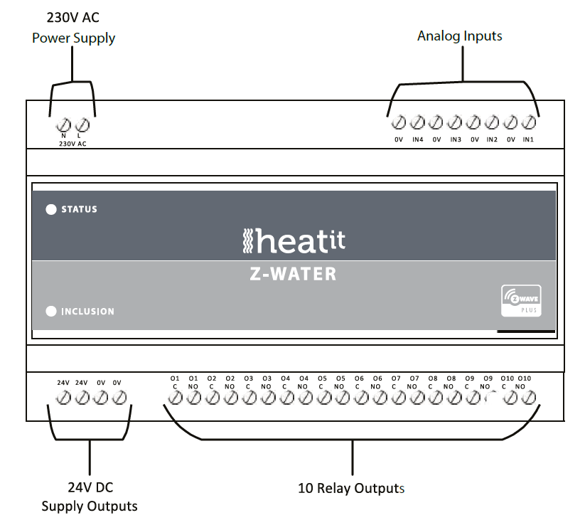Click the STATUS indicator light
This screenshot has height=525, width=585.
pos(51,209)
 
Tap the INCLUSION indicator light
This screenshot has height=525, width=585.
pos(51,311)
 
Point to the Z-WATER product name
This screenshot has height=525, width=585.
pos(294,273)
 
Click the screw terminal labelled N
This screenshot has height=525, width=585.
pos(64,124)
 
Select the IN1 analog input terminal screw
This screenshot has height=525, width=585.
pos(528,122)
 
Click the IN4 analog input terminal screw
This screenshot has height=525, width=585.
pos(417,122)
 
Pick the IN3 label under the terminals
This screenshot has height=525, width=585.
pos(455,139)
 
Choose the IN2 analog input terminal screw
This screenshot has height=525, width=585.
pos(491,122)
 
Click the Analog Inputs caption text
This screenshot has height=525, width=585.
pos(459,36)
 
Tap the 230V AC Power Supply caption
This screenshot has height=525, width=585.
pos(73,28)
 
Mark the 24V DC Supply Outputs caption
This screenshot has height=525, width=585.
pos(90,497)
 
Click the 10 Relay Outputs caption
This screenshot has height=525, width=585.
pos(351,489)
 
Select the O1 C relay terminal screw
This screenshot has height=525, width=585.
pos(175,399)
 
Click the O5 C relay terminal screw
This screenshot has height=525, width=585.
pos(322,399)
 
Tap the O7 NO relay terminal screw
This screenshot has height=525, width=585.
pos(414,399)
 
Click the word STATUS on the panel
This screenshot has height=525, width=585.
pos(79,209)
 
